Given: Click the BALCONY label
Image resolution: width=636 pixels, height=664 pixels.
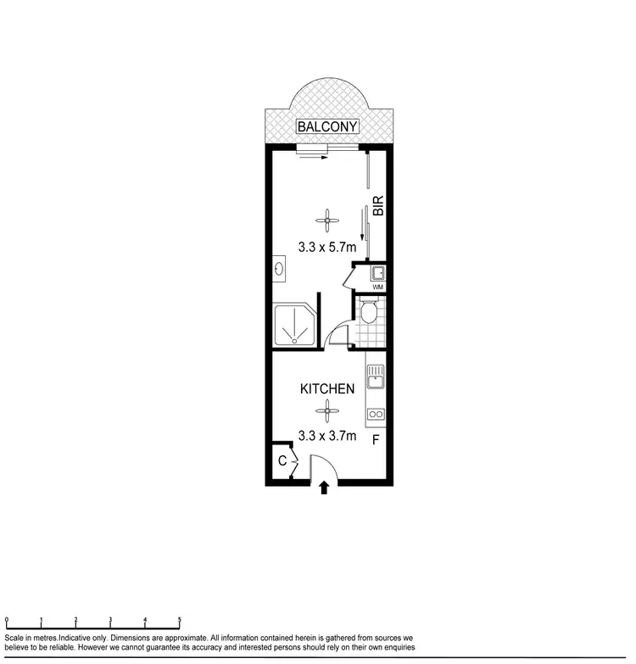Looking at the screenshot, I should (327, 127).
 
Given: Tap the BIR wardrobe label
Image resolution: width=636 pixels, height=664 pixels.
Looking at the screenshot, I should (378, 206).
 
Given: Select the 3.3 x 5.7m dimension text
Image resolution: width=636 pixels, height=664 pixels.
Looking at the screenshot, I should (326, 248).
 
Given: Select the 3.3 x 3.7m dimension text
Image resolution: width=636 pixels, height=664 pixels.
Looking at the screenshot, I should (326, 436).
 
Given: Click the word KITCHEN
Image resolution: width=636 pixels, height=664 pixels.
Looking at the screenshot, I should (326, 389).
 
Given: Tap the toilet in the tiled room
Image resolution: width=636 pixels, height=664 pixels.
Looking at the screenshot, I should (368, 314).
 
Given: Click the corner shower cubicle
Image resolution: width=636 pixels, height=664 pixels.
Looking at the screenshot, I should (293, 323).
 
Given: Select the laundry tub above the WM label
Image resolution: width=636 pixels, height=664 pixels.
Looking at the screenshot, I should (378, 273).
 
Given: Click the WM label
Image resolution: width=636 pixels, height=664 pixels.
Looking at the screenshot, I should (378, 287).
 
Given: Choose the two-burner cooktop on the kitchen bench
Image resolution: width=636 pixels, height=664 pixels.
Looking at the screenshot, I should (375, 415).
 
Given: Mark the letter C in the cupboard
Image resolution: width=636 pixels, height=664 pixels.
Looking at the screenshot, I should (281, 462).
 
